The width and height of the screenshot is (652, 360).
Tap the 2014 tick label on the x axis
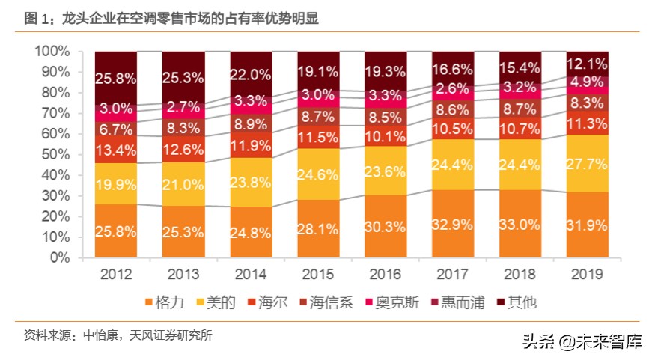pos(251,274)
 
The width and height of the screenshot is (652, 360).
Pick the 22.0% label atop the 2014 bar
pos(251,75)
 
